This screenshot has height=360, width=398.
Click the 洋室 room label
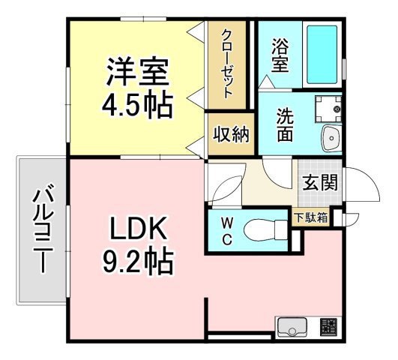click(x=136, y=73)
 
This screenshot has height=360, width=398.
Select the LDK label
click(x=138, y=226)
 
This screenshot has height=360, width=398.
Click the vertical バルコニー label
click(x=41, y=230)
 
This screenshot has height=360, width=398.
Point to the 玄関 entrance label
click(x=320, y=181)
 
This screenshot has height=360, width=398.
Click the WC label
click(x=226, y=231)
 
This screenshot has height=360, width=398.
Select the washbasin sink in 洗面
click(x=330, y=136)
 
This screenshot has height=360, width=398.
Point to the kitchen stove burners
click(x=328, y=327)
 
